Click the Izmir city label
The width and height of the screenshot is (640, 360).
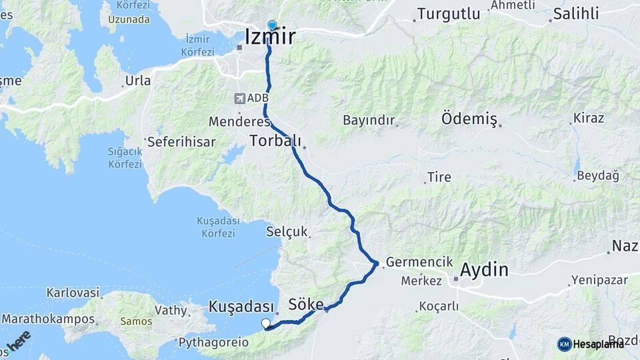click(270, 37)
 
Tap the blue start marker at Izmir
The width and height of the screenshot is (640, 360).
click(271, 25)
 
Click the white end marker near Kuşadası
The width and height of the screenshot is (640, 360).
click(266, 324)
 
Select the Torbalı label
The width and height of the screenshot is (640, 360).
click(275, 141)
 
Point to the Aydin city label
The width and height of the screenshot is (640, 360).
click(484, 271)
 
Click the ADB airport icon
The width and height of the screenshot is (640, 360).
click(239, 99)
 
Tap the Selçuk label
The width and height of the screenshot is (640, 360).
click(287, 232)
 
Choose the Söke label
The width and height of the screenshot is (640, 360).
click(305, 305)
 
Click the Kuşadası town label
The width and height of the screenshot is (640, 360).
click(241, 307)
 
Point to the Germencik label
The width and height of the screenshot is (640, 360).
click(419, 263)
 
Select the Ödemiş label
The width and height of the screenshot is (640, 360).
click(469, 119)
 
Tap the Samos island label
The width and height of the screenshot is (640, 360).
click(136, 321)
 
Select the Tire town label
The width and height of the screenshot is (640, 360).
click(440, 177)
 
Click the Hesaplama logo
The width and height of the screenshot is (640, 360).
click(591, 344)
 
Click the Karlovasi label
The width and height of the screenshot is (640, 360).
click(73, 293)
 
